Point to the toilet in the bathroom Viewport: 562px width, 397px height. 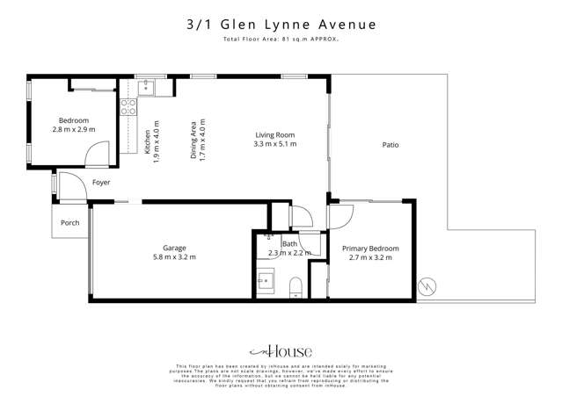296,285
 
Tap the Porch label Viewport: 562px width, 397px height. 69,223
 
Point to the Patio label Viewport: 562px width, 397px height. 391,145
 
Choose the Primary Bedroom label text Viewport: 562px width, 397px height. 370,249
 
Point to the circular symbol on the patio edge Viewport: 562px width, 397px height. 427,285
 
